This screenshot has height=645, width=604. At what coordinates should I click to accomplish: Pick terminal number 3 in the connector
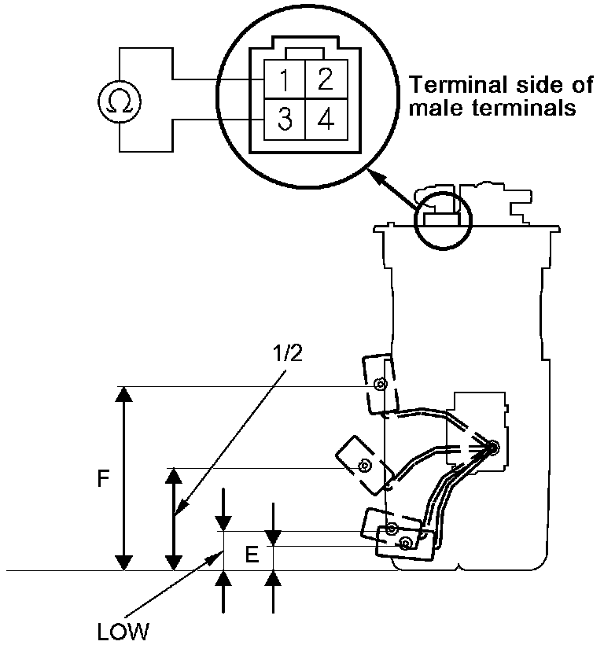tap(284, 120)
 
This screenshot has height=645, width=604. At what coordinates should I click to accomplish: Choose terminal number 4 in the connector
tap(323, 120)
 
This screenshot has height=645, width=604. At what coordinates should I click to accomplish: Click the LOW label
tap(123, 629)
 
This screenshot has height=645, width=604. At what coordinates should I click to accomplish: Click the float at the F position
tap(378, 384)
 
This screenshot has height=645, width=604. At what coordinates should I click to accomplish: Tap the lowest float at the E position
tap(405, 544)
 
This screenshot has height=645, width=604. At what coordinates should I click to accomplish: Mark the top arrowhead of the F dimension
tap(123, 394)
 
